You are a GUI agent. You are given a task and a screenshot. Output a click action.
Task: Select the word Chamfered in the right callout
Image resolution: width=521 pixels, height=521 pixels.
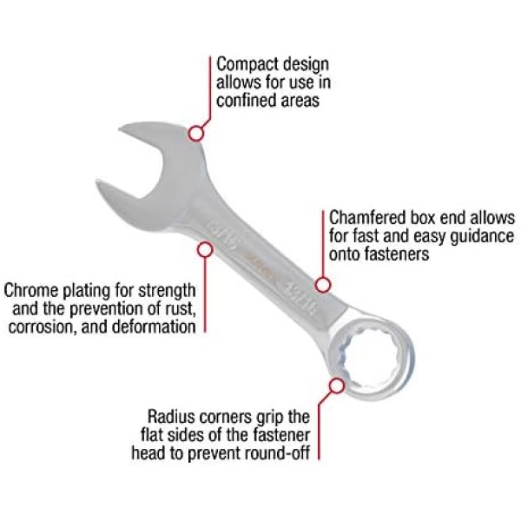(367, 218)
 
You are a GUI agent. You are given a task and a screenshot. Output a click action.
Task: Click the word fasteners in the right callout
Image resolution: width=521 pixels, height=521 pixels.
(397, 254)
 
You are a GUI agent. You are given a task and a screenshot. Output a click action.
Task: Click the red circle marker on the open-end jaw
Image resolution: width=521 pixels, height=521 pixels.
(196, 134)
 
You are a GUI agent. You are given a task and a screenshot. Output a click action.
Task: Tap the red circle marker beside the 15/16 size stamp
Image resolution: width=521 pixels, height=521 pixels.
(205, 249)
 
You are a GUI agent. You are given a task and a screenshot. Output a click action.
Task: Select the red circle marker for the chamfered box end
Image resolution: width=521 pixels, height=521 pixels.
(322, 285)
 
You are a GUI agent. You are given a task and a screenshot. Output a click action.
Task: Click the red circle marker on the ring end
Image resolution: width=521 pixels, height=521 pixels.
(337, 386)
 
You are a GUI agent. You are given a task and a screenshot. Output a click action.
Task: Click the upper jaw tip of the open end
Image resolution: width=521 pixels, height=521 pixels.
(121, 129)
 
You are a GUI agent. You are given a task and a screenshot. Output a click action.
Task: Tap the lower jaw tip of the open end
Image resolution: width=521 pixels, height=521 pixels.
(97, 181)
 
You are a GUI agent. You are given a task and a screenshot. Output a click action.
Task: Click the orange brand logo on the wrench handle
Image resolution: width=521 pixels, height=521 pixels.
(259, 262)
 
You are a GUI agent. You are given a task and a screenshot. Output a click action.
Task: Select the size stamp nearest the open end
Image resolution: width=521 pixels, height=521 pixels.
(221, 234)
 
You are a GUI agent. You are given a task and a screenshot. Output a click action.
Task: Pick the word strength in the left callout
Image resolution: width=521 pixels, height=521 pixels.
(167, 291)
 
